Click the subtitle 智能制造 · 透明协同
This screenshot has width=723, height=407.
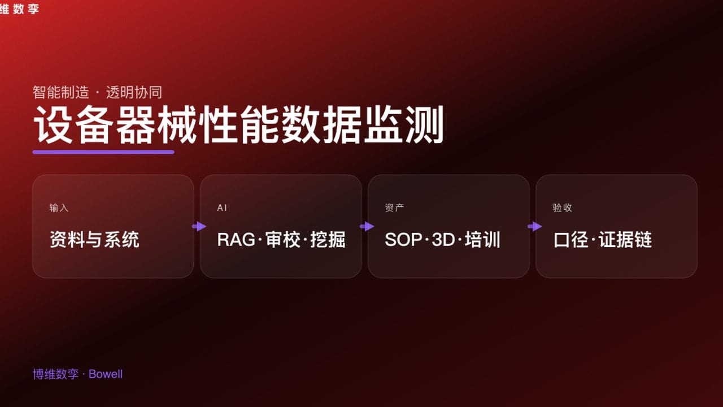pos(97,92)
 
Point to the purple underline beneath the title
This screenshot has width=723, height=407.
pos(103,151)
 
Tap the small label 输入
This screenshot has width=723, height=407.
pos(59,207)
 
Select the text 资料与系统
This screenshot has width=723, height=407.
pos(94,240)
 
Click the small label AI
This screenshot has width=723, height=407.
pos(222,207)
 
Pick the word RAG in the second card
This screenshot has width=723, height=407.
pos(236,240)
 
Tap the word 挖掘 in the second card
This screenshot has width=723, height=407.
pos(328,240)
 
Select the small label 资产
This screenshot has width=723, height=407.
pos(394,207)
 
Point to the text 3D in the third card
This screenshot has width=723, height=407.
pos(443,240)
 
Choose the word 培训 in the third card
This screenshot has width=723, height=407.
pos(482,240)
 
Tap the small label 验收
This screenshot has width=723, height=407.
pos(562,207)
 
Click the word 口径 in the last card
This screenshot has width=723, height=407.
pos(571,240)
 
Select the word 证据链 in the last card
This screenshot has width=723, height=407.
pos(625,240)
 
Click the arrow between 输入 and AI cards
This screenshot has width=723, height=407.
pos(199,226)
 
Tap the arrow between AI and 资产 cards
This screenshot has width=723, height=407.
pos(367,226)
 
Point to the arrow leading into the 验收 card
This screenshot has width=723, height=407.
pos(535,226)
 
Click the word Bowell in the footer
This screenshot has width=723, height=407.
pos(106,374)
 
